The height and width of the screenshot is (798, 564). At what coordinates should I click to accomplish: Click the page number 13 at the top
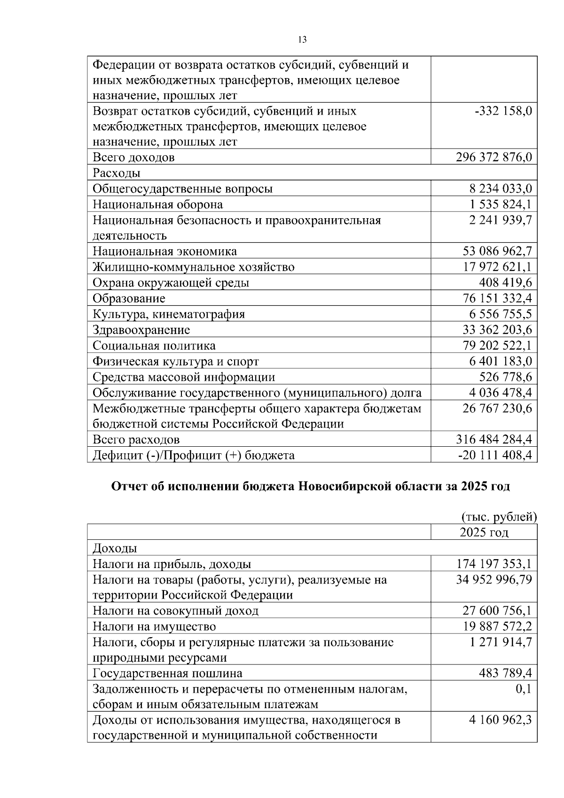[302, 40]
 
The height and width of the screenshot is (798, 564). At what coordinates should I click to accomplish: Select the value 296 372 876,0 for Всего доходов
[493, 157]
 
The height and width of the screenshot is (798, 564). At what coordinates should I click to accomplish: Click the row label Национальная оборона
[157, 205]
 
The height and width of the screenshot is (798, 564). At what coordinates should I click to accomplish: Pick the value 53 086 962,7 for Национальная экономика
[497, 251]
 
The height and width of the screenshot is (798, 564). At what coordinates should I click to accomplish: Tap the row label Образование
[129, 299]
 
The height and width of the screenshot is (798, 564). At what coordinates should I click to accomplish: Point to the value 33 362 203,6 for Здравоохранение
[497, 330]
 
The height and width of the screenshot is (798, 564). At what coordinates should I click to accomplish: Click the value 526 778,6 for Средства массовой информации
[505, 377]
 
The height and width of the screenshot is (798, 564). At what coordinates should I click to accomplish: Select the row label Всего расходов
[136, 440]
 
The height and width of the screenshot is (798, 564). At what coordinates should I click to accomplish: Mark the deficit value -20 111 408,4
[495, 455]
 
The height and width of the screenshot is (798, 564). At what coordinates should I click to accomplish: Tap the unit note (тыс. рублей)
[499, 517]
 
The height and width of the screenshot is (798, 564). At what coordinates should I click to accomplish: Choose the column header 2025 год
[484, 532]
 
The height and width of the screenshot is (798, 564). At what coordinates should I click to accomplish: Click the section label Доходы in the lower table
[115, 548]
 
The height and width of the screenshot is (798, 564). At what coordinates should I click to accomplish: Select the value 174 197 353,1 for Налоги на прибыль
[494, 564]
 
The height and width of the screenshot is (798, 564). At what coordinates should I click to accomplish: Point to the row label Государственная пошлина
[167, 673]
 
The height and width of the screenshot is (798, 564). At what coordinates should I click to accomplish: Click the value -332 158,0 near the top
[503, 111]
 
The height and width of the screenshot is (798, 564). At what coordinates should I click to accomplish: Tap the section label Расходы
[116, 173]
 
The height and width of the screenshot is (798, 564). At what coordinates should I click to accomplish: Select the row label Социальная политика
[154, 346]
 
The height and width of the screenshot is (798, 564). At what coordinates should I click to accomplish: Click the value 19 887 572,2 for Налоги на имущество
[497, 626]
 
